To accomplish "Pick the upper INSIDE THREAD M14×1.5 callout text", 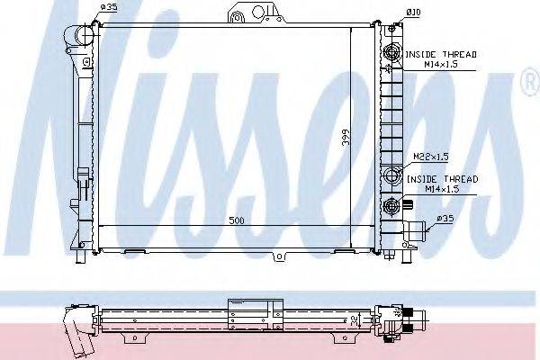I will tap(440, 59).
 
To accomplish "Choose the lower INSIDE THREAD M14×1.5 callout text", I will tap(442, 184).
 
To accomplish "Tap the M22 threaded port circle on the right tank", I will tap(391, 175).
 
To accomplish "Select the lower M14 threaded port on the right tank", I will tap(391, 208).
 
